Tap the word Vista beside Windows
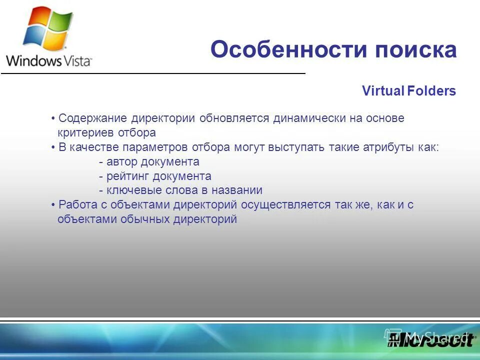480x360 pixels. click(x=77, y=61)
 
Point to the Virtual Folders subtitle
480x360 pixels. click(x=409, y=91)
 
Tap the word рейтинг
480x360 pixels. click(x=127, y=176)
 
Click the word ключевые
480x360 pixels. click(x=129, y=190)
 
